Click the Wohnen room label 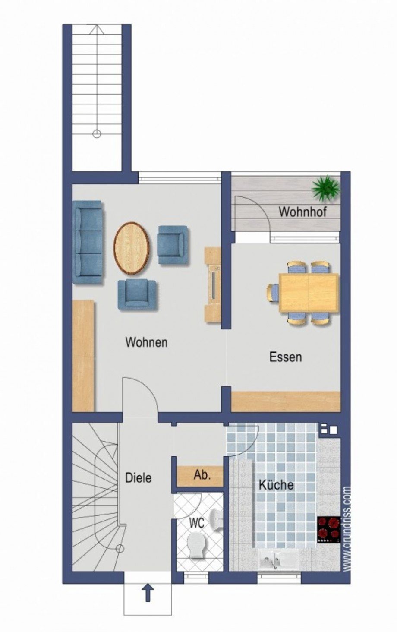[146, 342]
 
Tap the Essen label [286, 357]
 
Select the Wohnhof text [303, 212]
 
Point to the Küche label [276, 485]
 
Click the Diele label [138, 478]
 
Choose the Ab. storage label [202, 475]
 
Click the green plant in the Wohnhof [325, 188]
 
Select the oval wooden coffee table [132, 248]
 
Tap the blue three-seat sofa [88, 242]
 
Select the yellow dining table [309, 293]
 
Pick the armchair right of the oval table [173, 245]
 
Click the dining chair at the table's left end [273, 293]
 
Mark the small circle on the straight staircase [97, 134]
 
